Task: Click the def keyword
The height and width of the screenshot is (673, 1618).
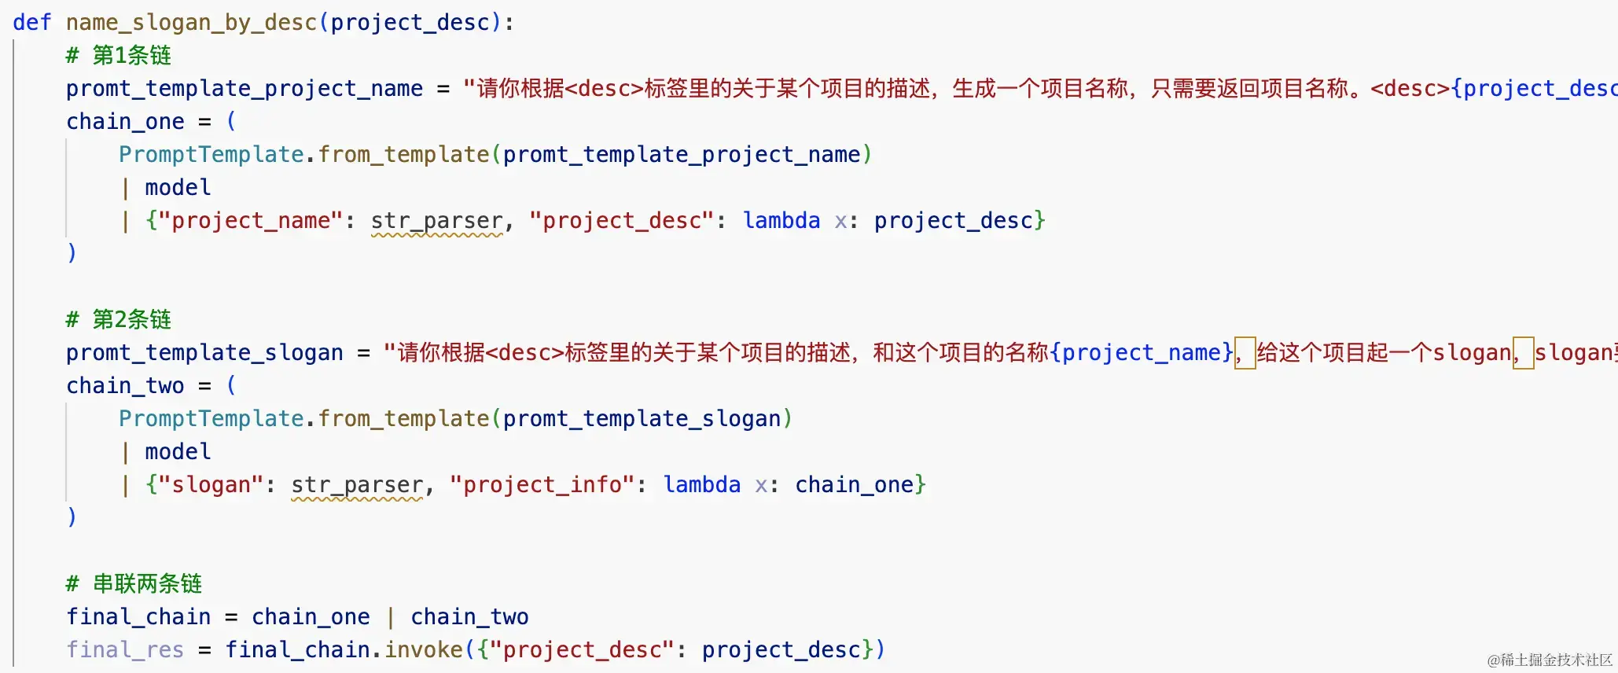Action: point(31,23)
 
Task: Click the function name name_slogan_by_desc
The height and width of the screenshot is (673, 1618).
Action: point(191,23)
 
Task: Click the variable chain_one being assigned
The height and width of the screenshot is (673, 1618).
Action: point(125,122)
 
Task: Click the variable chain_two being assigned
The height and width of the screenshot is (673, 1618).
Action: point(125,386)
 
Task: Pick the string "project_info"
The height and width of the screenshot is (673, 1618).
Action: point(542,485)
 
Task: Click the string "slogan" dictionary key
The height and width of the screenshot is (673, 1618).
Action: point(204,485)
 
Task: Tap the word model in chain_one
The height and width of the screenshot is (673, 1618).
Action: point(178,188)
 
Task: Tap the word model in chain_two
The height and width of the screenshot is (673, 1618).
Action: point(178,452)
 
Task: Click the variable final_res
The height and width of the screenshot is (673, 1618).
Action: point(125,650)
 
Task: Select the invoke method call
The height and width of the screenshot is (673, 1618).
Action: point(424,650)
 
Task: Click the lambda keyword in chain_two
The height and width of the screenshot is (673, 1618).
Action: point(701,485)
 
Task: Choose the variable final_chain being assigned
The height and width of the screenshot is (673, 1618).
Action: point(138,617)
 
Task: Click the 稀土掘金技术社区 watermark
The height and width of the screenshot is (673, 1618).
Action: point(1550,660)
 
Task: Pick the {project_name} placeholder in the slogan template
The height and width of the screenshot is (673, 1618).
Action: point(1142,353)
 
